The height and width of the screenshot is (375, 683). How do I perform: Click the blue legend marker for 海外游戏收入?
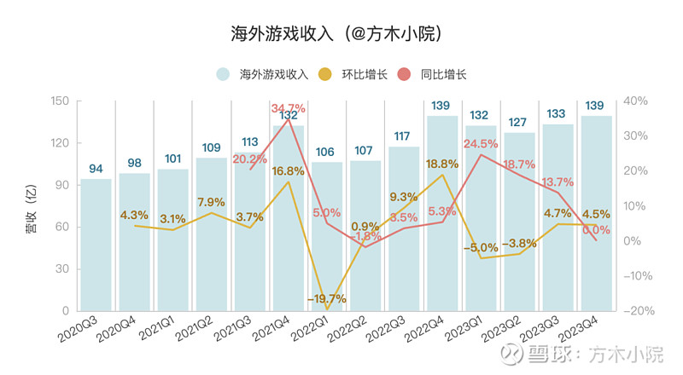(223, 74)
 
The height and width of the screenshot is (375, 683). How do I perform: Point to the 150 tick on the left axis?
(59, 101)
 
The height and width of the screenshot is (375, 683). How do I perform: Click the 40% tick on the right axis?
(637, 101)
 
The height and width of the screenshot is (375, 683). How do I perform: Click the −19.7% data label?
(326, 298)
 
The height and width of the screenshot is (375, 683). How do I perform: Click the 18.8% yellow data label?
(441, 164)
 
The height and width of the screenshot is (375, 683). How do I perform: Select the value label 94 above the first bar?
(96, 167)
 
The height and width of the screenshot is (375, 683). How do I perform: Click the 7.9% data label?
(210, 202)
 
